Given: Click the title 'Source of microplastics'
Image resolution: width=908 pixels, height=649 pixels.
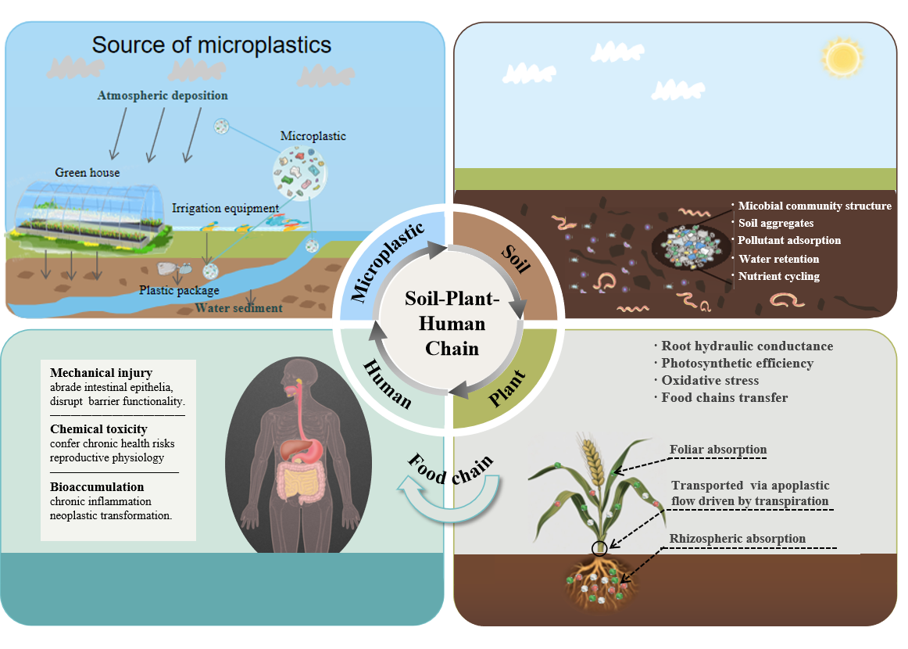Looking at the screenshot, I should [x=211, y=45].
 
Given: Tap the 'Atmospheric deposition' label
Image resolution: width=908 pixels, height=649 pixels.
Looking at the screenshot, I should [x=163, y=95].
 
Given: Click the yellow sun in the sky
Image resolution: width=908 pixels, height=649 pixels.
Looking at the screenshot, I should [x=842, y=57].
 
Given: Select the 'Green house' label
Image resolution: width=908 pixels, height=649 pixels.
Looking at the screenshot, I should [x=88, y=172].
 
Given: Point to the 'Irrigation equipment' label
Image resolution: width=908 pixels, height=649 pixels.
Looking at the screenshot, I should [x=225, y=208].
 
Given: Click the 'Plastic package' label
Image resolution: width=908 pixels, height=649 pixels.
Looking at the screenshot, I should [x=179, y=290].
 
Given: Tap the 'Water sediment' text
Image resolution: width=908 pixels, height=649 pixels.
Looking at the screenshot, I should [x=238, y=307].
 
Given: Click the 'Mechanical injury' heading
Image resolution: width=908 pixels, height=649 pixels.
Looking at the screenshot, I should [x=102, y=373].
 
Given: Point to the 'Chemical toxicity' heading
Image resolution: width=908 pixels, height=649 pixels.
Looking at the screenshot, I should [x=98, y=429].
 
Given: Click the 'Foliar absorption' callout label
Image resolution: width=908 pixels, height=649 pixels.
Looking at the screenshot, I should [x=718, y=450].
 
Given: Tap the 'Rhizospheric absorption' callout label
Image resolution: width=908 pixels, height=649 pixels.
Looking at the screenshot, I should [x=737, y=539].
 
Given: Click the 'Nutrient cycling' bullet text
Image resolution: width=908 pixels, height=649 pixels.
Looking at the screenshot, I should [x=778, y=276].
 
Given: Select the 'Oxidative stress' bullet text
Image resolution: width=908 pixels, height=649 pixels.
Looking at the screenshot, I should [x=710, y=380].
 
